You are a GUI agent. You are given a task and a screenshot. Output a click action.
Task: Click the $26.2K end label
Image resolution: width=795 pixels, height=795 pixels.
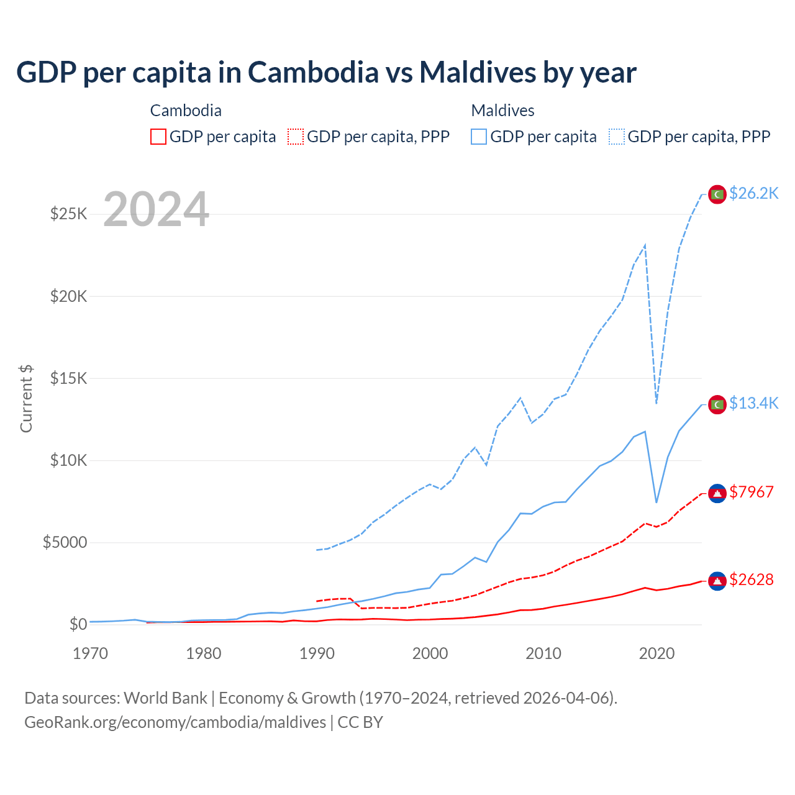click(753, 193)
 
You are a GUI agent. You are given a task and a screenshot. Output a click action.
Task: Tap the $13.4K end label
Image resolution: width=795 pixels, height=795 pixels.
click(753, 403)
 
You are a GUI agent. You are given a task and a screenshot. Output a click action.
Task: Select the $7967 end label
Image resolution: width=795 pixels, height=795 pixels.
click(752, 492)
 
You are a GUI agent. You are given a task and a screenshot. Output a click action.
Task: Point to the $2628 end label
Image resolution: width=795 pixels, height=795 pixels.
click(752, 579)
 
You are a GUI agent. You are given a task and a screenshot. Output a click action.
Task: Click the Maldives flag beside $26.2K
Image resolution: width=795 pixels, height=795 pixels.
click(717, 194)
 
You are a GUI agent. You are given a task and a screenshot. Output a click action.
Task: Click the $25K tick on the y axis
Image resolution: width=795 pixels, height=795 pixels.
click(69, 214)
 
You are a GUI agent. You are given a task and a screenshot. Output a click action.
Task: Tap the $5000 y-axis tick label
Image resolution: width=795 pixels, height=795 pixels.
click(65, 542)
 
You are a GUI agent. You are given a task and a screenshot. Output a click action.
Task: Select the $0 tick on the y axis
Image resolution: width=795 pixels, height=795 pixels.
click(78, 624)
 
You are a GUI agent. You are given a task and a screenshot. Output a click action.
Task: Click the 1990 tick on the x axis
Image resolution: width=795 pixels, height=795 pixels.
click(317, 653)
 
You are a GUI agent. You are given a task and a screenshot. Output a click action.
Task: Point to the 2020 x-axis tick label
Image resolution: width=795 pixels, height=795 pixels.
click(656, 653)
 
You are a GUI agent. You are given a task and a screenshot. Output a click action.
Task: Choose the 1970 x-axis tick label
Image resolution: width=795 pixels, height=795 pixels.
click(91, 653)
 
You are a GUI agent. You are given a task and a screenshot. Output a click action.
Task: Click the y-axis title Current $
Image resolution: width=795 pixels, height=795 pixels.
click(26, 398)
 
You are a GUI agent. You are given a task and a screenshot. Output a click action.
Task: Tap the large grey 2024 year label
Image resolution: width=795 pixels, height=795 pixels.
click(156, 210)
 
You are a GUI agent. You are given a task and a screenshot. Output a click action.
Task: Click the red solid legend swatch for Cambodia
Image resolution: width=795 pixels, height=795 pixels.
click(158, 137)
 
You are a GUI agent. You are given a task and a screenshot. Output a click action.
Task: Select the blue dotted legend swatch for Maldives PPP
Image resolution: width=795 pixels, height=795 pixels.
click(617, 137)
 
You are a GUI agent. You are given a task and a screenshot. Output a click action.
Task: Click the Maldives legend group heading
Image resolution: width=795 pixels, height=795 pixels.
click(502, 111)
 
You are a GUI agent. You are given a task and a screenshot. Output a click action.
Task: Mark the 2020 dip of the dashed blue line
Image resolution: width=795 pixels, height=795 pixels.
click(656, 402)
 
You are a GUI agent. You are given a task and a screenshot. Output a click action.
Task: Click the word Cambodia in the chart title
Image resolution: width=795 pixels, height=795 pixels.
click(313, 73)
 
